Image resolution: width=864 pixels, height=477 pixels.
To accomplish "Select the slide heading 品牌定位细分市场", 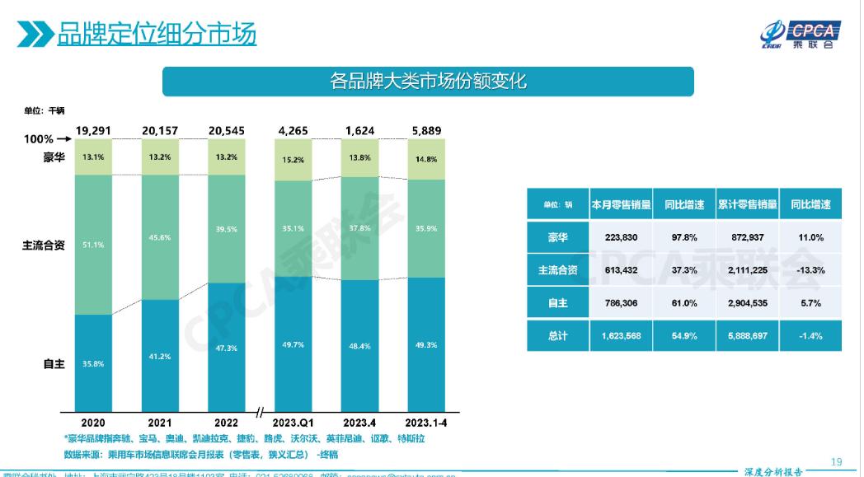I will pyautogui.click(x=156, y=35).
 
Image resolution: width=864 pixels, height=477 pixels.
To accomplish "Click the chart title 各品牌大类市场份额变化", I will pyautogui.click(x=427, y=82).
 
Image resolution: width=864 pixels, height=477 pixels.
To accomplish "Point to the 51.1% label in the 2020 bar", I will pyautogui.click(x=93, y=244).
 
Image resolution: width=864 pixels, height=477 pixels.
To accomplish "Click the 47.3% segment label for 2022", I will pyautogui.click(x=226, y=348).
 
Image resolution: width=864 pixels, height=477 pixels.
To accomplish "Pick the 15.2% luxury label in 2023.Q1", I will pyautogui.click(x=293, y=160).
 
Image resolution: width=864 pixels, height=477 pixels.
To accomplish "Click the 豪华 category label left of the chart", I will pyautogui.click(x=54, y=157).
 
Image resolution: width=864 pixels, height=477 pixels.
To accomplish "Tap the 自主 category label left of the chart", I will pyautogui.click(x=54, y=363).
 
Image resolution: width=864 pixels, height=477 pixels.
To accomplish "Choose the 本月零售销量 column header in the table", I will pyautogui.click(x=621, y=204).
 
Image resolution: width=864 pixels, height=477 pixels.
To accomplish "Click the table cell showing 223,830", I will pyautogui.click(x=621, y=237).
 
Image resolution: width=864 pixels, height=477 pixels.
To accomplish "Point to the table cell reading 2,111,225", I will pyautogui.click(x=747, y=270).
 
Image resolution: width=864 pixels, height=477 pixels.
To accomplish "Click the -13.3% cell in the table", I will pyautogui.click(x=810, y=270).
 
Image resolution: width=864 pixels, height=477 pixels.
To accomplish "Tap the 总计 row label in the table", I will pyautogui.click(x=558, y=336).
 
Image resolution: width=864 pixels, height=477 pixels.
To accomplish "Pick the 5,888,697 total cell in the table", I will pyautogui.click(x=747, y=336).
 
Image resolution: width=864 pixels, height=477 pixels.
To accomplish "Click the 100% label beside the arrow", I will pyautogui.click(x=38, y=139).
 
